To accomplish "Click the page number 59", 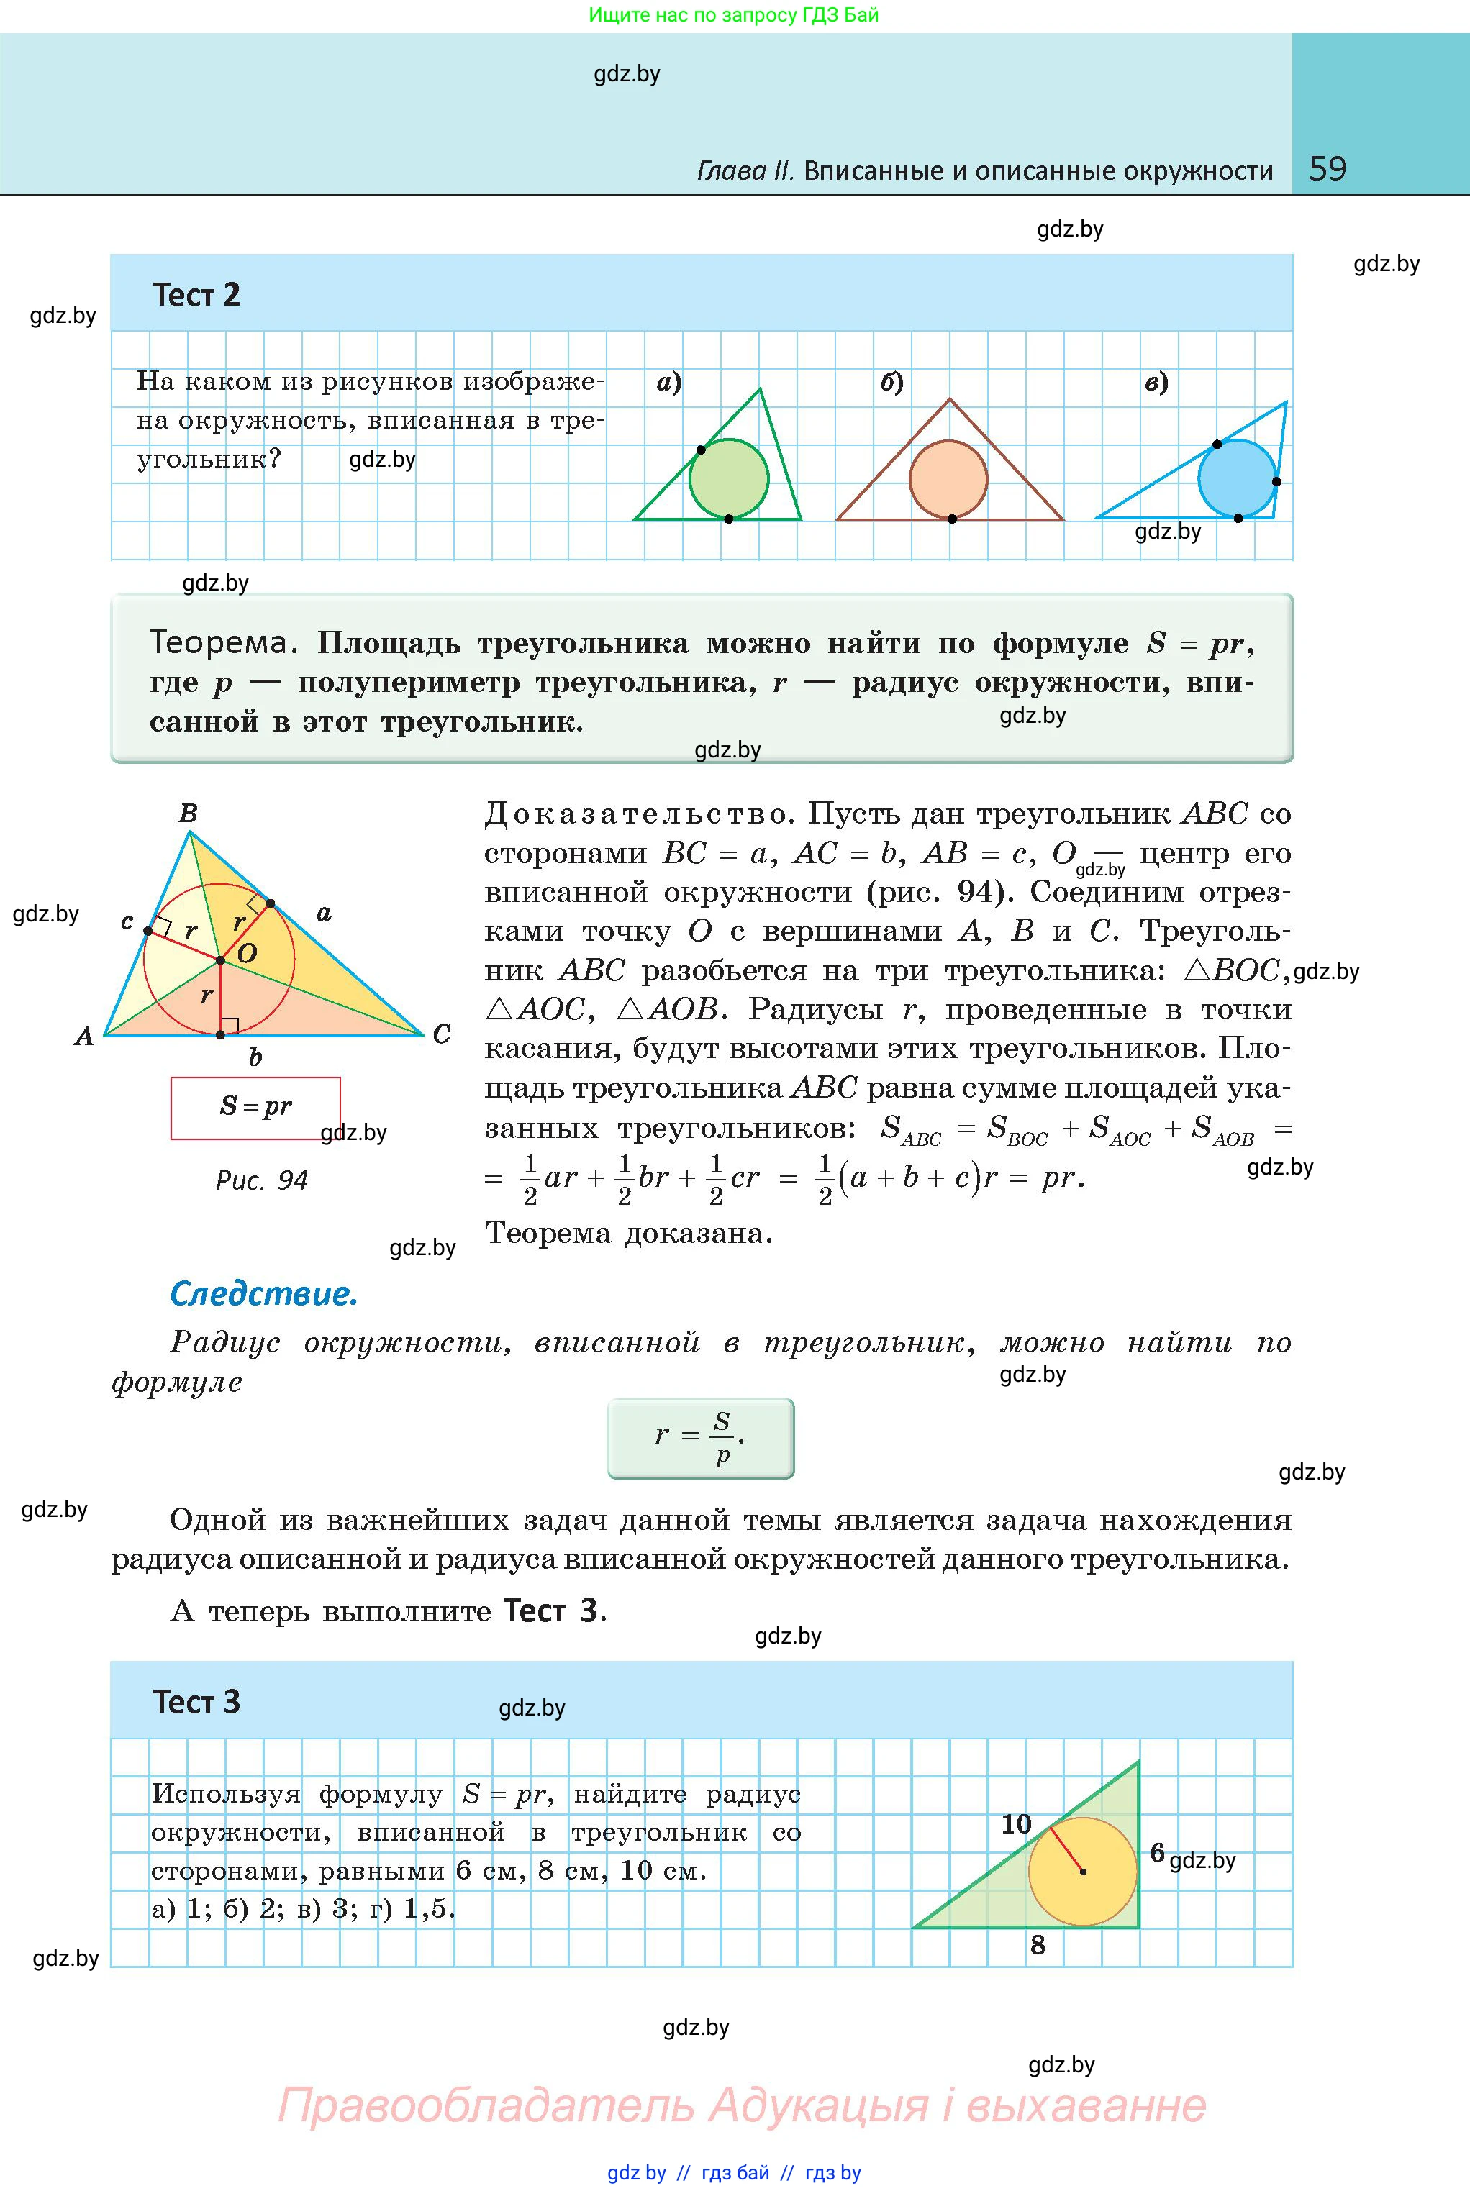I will (1327, 169).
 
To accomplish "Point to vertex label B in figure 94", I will (188, 814).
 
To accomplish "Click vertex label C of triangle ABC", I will (442, 1034).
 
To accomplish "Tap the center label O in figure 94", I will (248, 954).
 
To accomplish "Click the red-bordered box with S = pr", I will (255, 1108).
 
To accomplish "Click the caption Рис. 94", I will (262, 1180).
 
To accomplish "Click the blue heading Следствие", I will (263, 1294).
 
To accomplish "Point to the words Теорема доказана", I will (628, 1234).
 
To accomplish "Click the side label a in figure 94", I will (325, 912).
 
